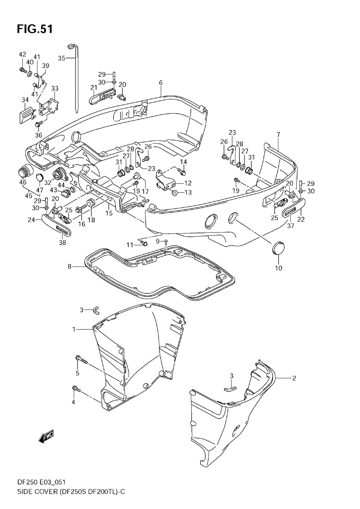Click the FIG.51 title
[x=35, y=29]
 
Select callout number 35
[x=61, y=58]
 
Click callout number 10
[x=278, y=268]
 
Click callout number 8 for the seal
[x=69, y=266]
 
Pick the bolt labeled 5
[x=82, y=360]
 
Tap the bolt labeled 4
[x=76, y=389]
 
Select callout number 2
[x=294, y=378]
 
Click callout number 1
[x=74, y=329]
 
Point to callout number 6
[x=161, y=83]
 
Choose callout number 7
[x=278, y=135]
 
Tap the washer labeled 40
[x=30, y=74]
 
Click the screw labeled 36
[x=39, y=124]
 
